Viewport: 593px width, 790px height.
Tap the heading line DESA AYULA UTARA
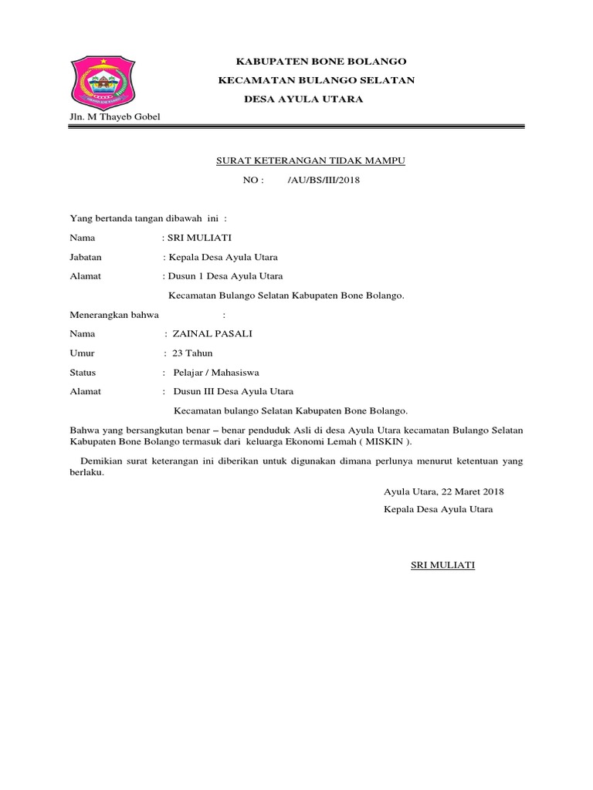(303, 100)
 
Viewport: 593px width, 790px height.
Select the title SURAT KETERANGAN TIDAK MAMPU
(309, 160)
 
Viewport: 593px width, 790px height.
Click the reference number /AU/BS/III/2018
(324, 181)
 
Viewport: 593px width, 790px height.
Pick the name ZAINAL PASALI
(213, 334)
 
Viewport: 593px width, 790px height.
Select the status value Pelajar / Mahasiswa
(217, 373)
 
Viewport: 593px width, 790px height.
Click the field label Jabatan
(86, 257)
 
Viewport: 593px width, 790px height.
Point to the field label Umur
(82, 353)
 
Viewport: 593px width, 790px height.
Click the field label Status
(83, 373)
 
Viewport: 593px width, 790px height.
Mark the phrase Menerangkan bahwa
(114, 315)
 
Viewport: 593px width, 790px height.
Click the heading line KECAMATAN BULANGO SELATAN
(317, 80)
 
